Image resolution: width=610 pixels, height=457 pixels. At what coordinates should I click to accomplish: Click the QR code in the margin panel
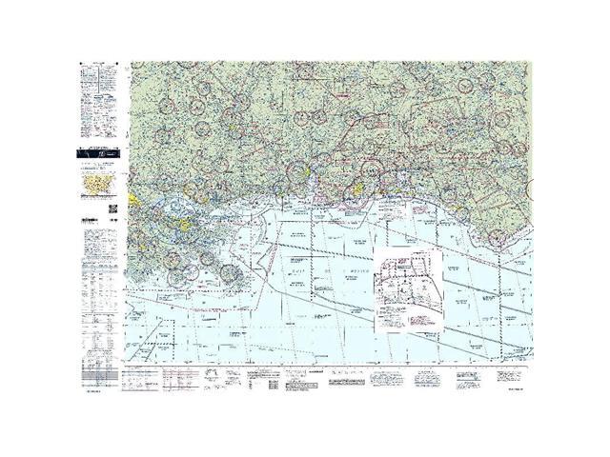(112, 208)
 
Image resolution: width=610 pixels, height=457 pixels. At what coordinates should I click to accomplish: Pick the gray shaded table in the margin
(100, 367)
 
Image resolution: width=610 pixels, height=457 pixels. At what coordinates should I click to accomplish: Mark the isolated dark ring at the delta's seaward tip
(230, 272)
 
